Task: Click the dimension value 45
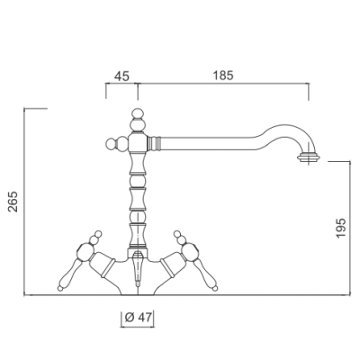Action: [121, 76]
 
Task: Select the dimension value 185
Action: [223, 76]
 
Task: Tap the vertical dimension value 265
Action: [13, 202]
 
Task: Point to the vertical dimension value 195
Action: [341, 229]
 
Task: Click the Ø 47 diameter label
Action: [139, 318]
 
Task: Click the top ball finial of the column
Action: [138, 114]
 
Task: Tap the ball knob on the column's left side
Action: [112, 143]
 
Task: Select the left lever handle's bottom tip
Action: [60, 288]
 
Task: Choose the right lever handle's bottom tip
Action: [214, 288]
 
